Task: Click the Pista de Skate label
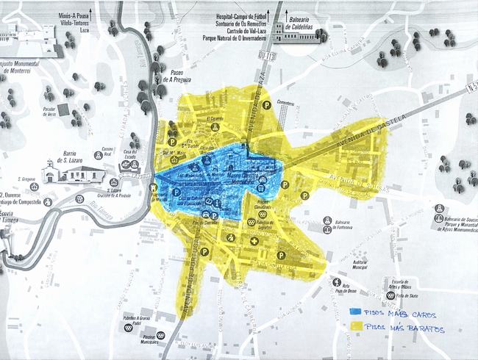(x=404, y=297)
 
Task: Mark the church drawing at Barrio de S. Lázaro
(x=49, y=172)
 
